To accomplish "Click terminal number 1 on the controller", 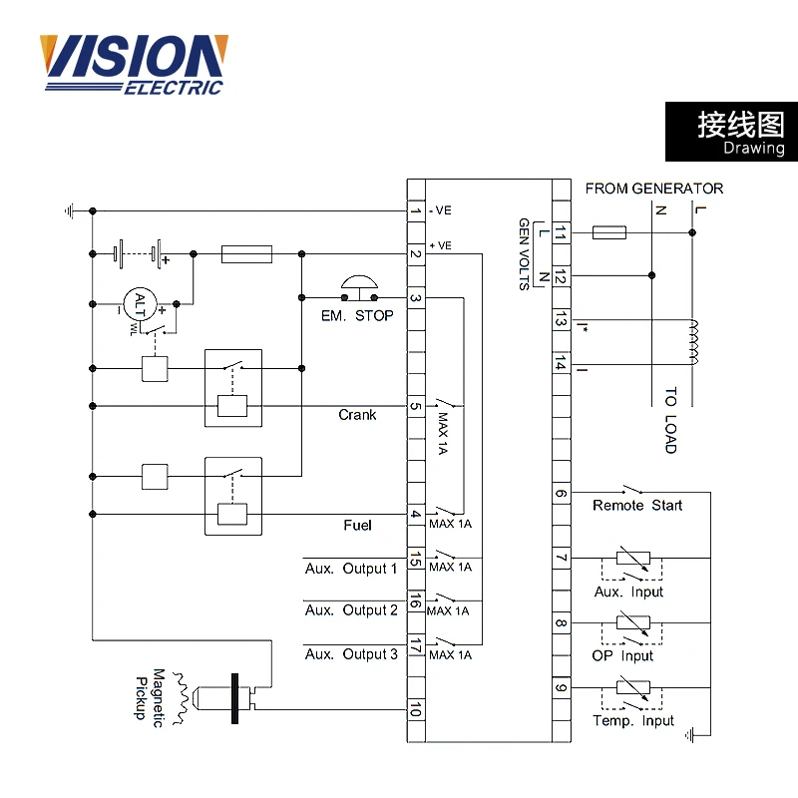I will click(x=415, y=210).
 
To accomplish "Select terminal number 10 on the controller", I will click(x=415, y=709).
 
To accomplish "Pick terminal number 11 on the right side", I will click(x=561, y=232).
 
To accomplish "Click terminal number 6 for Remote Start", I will click(x=561, y=492).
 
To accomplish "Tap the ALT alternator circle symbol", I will click(x=140, y=302).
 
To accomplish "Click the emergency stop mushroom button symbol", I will click(x=359, y=287).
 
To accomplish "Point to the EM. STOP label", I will click(x=357, y=316).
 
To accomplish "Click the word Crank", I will click(x=357, y=415).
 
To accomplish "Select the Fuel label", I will click(x=357, y=525).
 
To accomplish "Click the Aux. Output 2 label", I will click(x=351, y=610).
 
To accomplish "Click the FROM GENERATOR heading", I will click(x=654, y=189).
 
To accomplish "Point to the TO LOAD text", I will click(x=670, y=420).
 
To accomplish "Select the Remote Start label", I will click(x=637, y=506).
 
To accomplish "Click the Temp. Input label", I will click(x=633, y=721).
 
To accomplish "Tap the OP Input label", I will click(x=622, y=656).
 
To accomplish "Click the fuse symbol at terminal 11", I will click(x=608, y=232).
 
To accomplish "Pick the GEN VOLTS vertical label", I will click(x=524, y=254).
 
